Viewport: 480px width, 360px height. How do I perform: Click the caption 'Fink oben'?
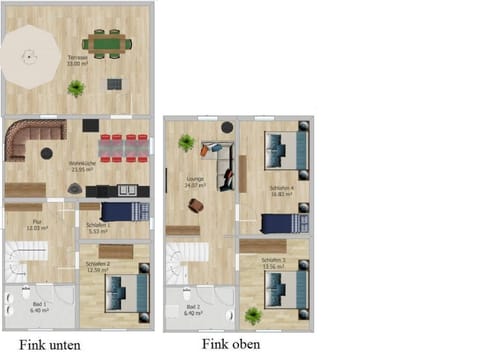231,343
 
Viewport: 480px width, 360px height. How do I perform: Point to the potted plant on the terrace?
76,89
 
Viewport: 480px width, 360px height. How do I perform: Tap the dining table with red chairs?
122,148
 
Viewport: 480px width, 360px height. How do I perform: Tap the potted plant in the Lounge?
185,143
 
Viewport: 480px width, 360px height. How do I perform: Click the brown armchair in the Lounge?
196,206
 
